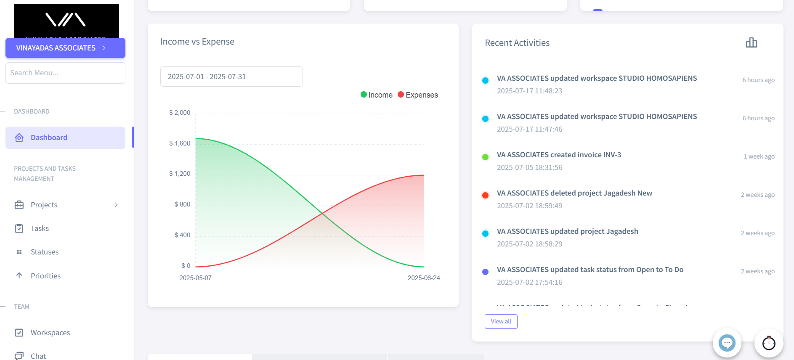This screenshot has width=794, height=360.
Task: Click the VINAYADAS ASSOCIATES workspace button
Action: pos(65,48)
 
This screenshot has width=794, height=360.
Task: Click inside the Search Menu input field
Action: pos(65,73)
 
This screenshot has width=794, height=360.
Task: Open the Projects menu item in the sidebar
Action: pos(44,205)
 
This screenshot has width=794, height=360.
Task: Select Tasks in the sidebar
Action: pos(40,228)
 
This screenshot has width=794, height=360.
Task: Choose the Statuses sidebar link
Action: pos(44,252)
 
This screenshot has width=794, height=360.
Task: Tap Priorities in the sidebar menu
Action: pos(45,276)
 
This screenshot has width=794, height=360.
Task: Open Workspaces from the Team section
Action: pos(50,333)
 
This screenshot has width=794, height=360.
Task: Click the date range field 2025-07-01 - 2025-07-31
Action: pos(231,77)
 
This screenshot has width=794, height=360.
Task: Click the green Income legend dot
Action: pos(364,95)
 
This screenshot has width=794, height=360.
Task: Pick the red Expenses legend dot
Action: pos(401,95)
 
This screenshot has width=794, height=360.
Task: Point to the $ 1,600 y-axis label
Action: pos(180,143)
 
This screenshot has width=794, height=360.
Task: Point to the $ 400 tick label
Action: pos(182,235)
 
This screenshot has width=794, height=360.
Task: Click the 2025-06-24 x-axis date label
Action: pos(424,278)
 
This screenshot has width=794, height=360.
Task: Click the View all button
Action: pos(501,321)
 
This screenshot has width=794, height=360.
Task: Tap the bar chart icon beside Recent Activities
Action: pos(751,42)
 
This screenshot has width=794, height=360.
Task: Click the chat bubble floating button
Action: pos(727,343)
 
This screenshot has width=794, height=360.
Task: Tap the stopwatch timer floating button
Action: pos(768,343)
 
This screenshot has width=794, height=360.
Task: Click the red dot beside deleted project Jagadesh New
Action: pos(485,195)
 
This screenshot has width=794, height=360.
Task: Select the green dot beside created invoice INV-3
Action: pos(485,157)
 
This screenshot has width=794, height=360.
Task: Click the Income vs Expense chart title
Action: pos(197,42)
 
